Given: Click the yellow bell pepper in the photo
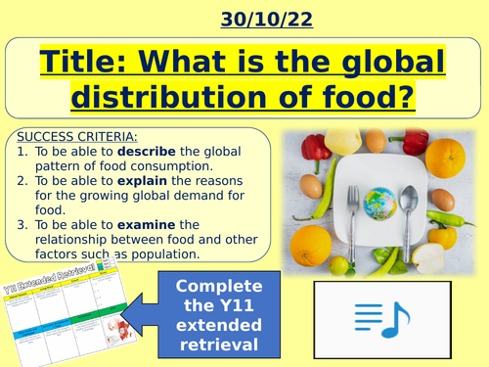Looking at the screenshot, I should pyautogui.click(x=444, y=236).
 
